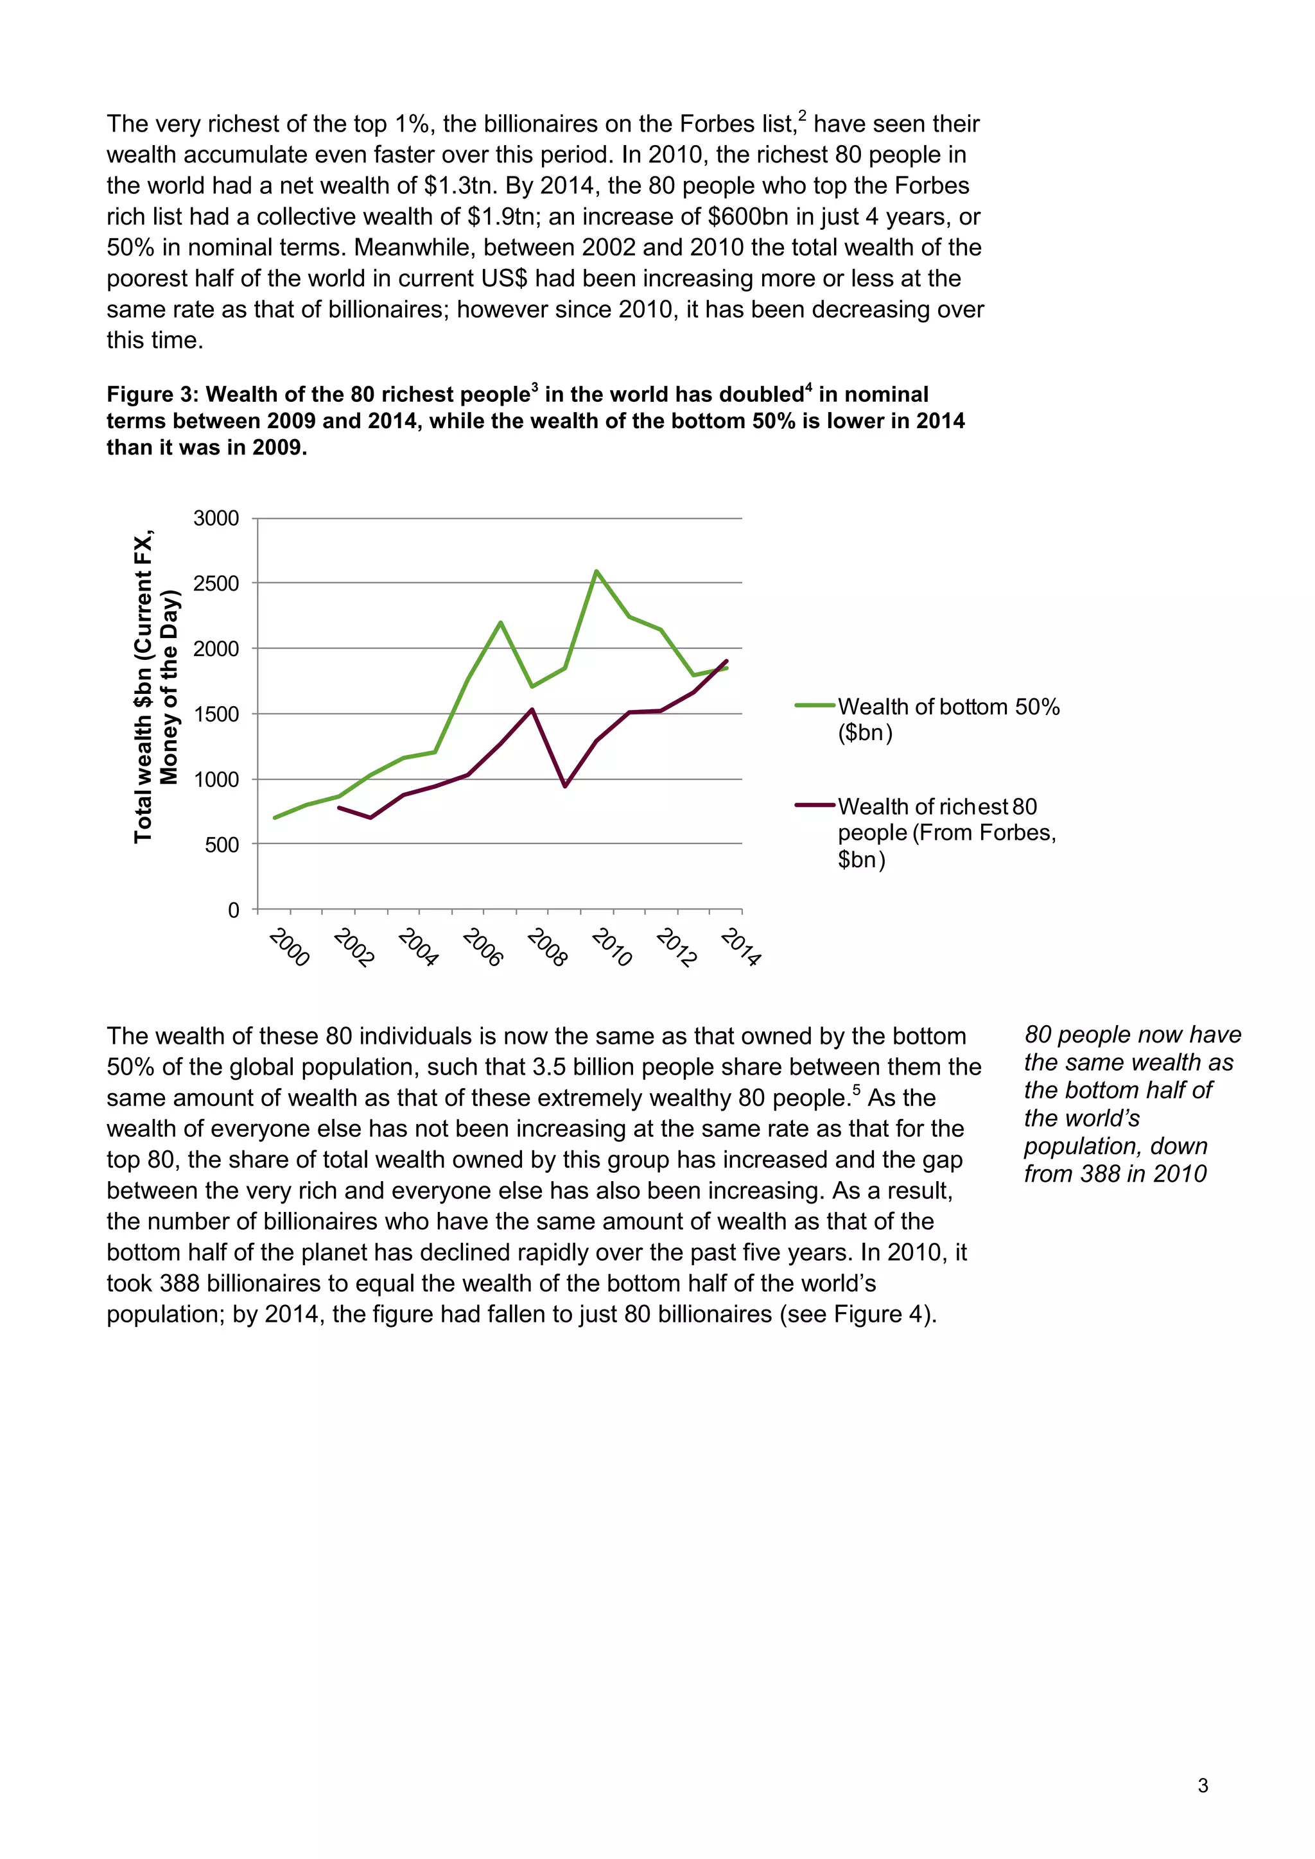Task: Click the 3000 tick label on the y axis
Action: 216,518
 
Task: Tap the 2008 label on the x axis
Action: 547,947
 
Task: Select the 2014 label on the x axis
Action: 741,947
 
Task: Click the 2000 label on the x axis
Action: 289,947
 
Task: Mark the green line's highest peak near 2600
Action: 596,571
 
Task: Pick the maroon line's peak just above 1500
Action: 532,710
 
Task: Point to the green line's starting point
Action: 275,818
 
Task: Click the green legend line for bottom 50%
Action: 815,706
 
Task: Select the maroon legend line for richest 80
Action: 815,805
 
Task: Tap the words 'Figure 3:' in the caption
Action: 152,394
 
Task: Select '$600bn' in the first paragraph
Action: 750,217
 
